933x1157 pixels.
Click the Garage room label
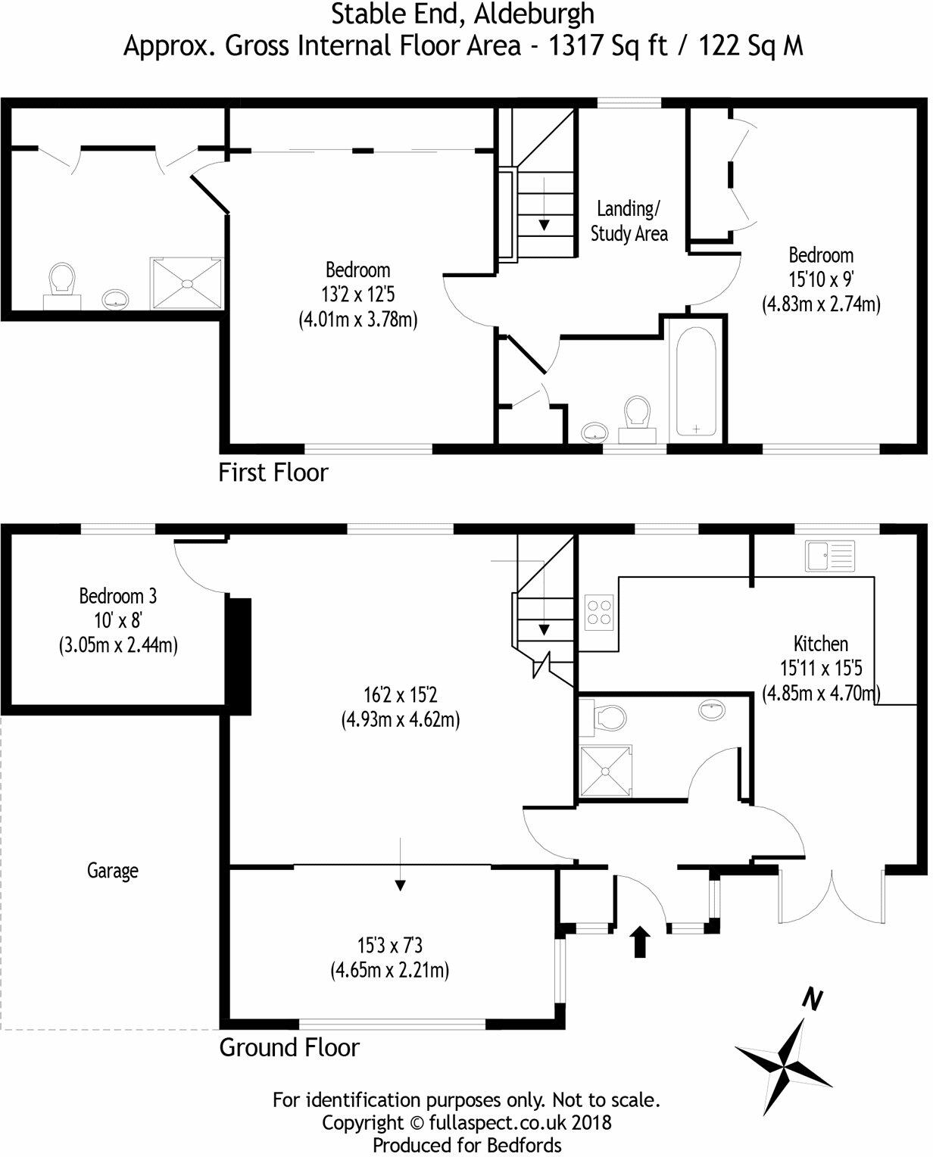(112, 871)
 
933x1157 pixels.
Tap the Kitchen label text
(820, 644)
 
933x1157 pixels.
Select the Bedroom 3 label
(117, 597)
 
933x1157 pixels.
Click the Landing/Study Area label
(629, 220)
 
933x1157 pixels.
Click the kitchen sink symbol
(830, 556)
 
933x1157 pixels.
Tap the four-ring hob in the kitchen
(599, 613)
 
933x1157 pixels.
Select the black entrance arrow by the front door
(641, 941)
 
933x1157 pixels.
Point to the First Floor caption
(273, 472)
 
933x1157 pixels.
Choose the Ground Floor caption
(289, 1048)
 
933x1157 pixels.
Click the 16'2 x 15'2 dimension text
(401, 694)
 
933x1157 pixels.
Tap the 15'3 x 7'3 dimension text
(390, 946)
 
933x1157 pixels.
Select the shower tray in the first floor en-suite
(187, 284)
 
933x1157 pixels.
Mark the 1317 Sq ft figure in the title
(608, 46)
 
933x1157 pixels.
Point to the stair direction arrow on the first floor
(544, 224)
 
